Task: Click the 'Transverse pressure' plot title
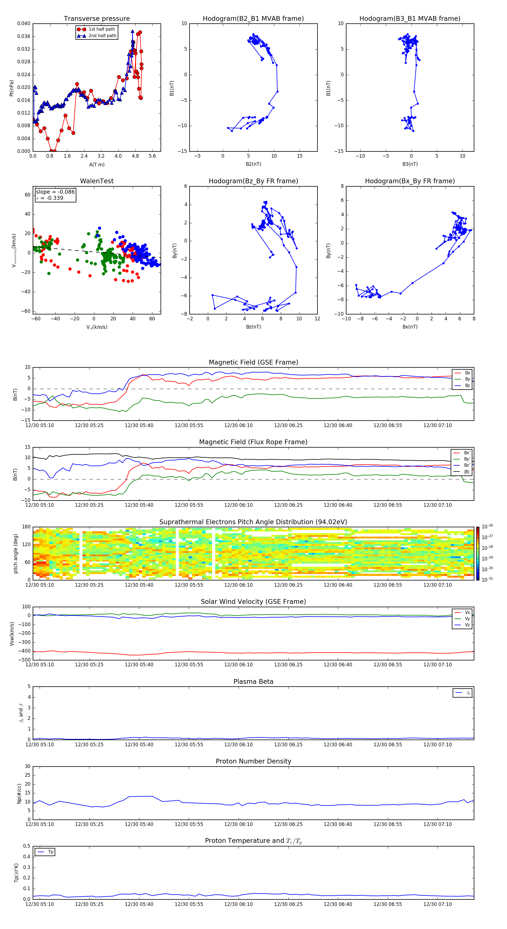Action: point(97,19)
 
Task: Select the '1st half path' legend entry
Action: point(101,29)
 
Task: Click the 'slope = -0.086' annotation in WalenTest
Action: point(55,192)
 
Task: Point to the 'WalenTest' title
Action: point(97,181)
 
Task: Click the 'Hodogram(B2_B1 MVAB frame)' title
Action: point(253,19)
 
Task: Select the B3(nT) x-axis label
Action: point(410,164)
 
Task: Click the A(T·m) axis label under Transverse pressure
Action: point(97,165)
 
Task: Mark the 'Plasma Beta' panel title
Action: point(253,682)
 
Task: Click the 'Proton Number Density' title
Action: point(253,761)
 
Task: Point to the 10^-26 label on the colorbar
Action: point(487,526)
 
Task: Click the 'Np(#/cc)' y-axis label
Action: point(19,793)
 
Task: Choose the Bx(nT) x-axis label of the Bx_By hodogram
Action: point(410,327)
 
